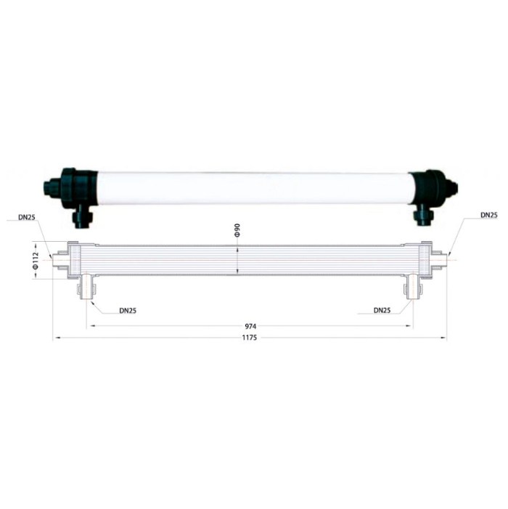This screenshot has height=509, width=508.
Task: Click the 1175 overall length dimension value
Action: pyautogui.click(x=250, y=338)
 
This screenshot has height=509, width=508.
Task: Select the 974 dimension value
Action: pyautogui.click(x=250, y=326)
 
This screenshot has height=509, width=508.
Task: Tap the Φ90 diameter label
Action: pyautogui.click(x=237, y=230)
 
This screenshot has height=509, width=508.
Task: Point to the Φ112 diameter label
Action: pyautogui.click(x=36, y=261)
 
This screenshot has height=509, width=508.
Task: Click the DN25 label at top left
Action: pyautogui.click(x=26, y=217)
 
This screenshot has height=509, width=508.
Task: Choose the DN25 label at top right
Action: pyautogui.click(x=489, y=215)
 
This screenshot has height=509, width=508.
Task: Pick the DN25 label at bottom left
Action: pyautogui.click(x=128, y=311)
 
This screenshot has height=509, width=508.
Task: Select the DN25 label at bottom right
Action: pyautogui.click(x=382, y=310)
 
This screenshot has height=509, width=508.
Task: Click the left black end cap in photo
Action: pyautogui.click(x=70, y=188)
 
